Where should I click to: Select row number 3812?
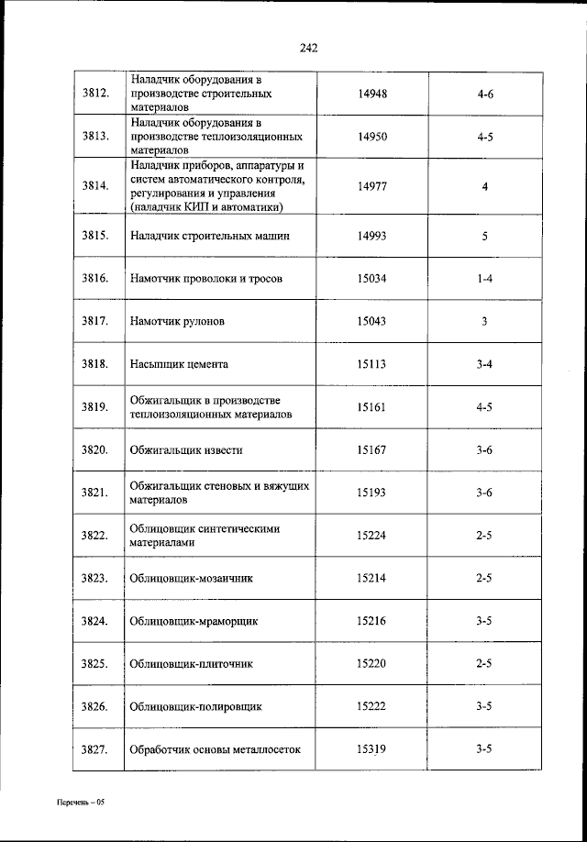click(95, 93)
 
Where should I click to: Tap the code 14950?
click(371, 136)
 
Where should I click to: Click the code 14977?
click(371, 185)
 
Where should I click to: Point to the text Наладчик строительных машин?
click(210, 236)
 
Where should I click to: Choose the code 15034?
click(371, 278)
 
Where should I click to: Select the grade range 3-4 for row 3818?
click(485, 364)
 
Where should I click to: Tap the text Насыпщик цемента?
click(179, 364)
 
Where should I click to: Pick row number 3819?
click(95, 407)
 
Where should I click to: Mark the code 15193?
click(371, 493)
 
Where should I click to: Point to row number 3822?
click(95, 536)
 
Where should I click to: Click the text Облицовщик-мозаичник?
click(191, 579)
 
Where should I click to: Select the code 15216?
click(371, 621)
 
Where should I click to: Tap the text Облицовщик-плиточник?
click(191, 664)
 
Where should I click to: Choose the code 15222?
click(371, 707)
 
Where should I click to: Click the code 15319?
click(371, 749)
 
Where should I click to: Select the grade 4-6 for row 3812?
click(485, 93)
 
